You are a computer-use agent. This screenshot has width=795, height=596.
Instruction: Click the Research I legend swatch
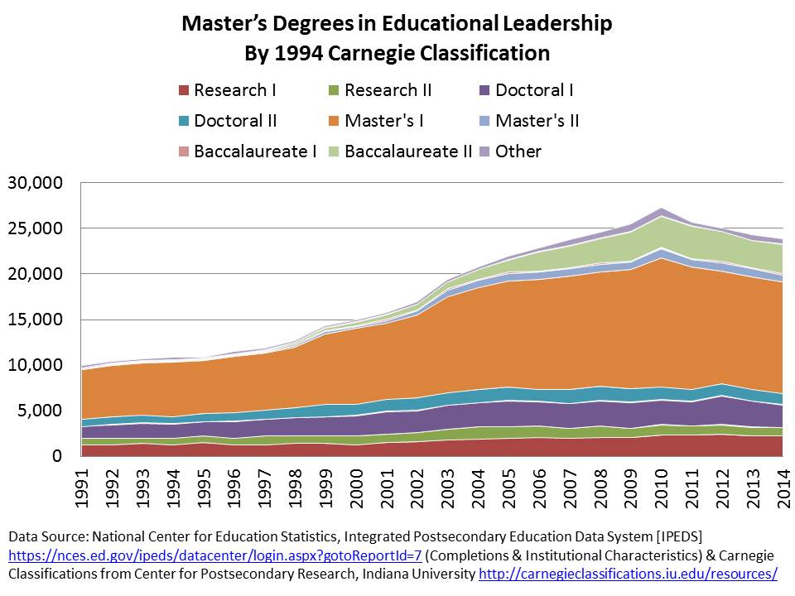(x=183, y=91)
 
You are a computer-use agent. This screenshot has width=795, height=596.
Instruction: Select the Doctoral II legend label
(x=235, y=121)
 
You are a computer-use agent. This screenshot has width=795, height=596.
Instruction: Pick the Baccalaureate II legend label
(x=408, y=151)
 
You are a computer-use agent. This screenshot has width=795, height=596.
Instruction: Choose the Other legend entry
(x=518, y=151)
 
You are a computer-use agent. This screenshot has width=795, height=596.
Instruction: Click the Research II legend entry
(x=388, y=91)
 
